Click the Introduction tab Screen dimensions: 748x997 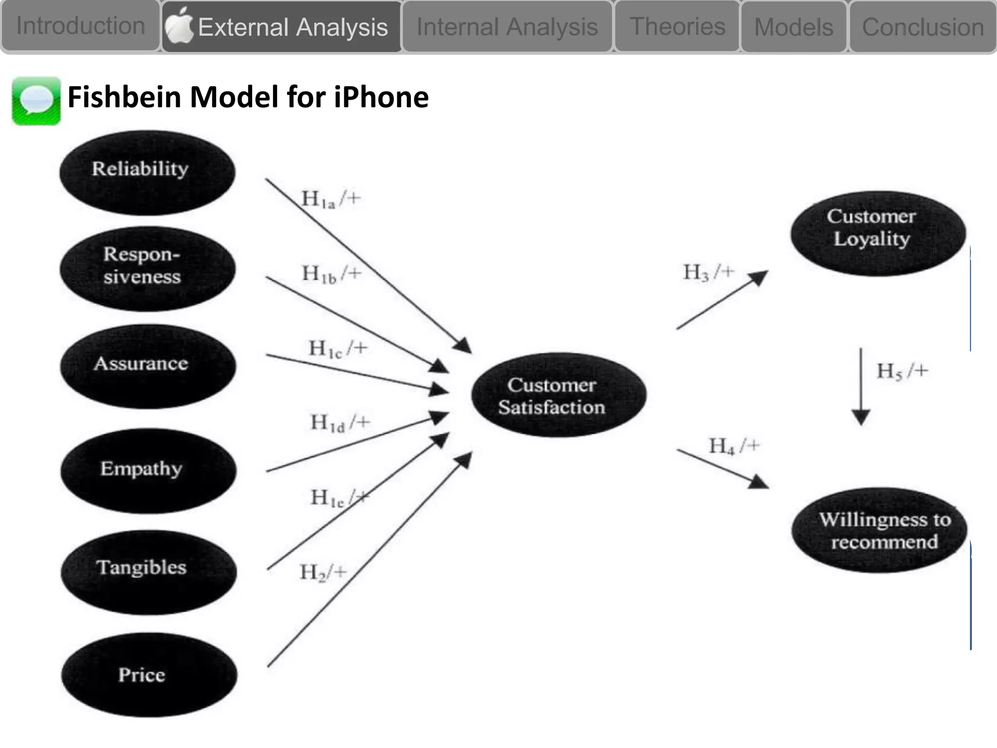click(x=80, y=26)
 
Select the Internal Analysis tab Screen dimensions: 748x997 click(x=507, y=27)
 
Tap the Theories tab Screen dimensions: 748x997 click(x=677, y=26)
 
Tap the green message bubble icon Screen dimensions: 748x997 click(x=37, y=101)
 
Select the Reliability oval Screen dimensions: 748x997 click(x=147, y=172)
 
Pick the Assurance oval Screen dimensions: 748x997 click(x=148, y=366)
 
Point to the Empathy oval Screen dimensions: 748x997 click(x=148, y=470)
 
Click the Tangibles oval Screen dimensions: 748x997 click(x=148, y=572)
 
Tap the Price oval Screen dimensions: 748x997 click(x=149, y=674)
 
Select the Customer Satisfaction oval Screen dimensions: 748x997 click(x=558, y=395)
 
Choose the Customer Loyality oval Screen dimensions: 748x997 click(x=878, y=233)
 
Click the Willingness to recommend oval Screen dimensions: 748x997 click(x=879, y=530)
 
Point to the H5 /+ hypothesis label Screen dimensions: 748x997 click(x=902, y=371)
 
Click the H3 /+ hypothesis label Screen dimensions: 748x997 click(x=708, y=273)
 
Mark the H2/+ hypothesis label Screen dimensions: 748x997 click(x=323, y=572)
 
